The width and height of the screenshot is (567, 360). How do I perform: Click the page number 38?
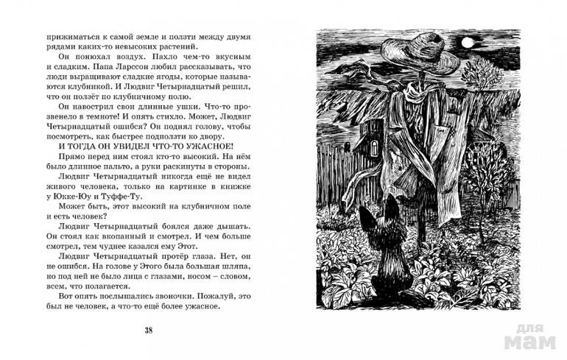pyautogui.click(x=150, y=328)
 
